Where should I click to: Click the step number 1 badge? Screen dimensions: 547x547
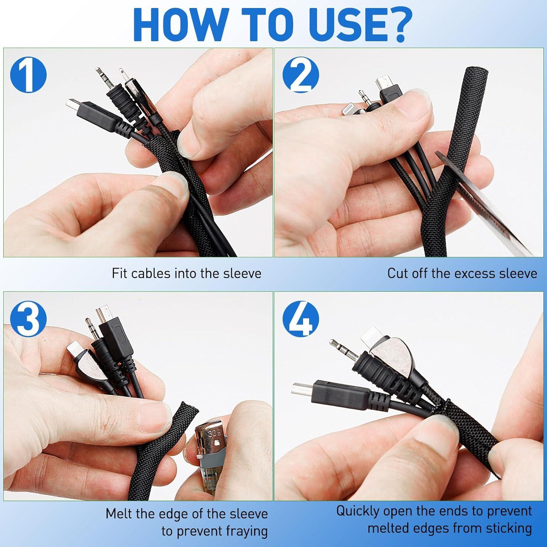[28, 75]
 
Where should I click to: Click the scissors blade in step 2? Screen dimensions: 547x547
[489, 204]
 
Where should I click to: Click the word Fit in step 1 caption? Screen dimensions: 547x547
[120, 273]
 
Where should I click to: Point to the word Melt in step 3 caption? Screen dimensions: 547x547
[120, 514]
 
